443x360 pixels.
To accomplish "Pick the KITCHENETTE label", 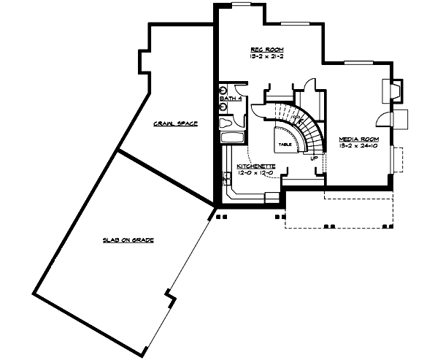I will [255, 166].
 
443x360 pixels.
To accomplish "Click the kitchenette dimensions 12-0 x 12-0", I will [255, 174].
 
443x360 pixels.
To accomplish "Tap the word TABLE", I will [285, 145].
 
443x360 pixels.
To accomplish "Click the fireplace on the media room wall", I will [390, 91].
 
